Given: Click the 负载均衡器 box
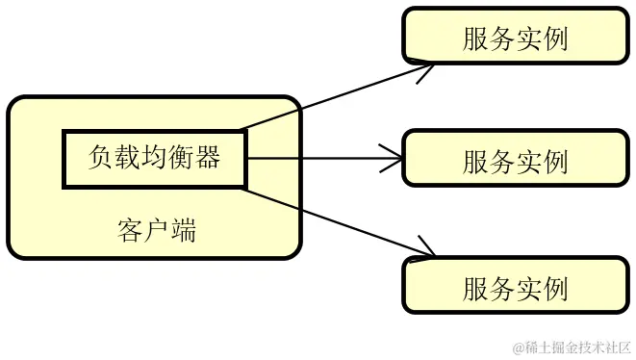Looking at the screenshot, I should click(x=154, y=157).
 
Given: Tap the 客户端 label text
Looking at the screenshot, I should click(x=157, y=231).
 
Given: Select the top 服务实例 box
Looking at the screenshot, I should click(x=515, y=38).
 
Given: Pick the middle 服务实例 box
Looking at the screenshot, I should click(x=515, y=160).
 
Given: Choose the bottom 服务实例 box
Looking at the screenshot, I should click(x=515, y=288).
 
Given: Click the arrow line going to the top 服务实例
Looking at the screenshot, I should click(x=327, y=98).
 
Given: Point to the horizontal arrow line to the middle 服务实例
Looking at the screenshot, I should click(x=318, y=158).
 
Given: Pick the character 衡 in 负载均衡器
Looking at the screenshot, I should click(x=181, y=157).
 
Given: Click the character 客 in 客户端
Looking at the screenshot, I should click(x=130, y=231).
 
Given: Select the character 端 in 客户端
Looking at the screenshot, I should click(x=183, y=231).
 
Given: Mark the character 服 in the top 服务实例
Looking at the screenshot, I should click(x=475, y=38).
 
